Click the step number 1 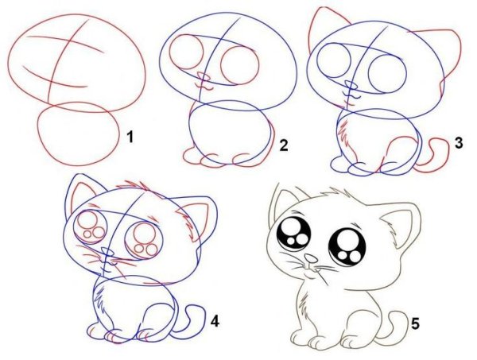tap(130, 137)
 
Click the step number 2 tap(283, 145)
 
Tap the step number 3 tap(459, 142)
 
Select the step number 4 tap(215, 321)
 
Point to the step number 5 tap(415, 323)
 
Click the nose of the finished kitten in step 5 tap(311, 258)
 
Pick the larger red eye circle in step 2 tap(240, 66)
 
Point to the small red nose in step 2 tap(204, 76)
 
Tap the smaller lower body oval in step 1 tap(79, 134)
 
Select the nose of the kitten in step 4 tap(107, 252)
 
